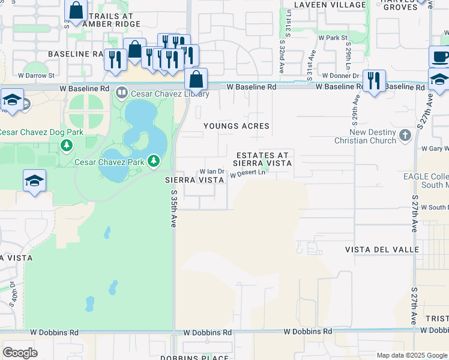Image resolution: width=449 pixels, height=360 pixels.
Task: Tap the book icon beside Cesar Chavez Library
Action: point(122,93)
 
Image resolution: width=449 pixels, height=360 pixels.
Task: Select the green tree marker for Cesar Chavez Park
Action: point(154,161)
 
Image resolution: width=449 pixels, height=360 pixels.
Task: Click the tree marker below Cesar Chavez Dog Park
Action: point(66,145)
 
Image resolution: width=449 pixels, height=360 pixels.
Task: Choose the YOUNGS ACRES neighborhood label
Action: point(237,126)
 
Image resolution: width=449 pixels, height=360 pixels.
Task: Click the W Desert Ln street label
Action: point(247,173)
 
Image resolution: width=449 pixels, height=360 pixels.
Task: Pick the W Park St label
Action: point(333,37)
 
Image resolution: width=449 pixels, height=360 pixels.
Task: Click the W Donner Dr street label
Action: point(340,76)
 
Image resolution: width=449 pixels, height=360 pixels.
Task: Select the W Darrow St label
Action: point(36,76)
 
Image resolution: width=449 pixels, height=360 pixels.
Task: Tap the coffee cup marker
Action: point(440,57)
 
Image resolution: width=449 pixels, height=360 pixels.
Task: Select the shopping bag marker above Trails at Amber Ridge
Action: point(76,11)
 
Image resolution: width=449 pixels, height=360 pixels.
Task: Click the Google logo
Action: point(20,352)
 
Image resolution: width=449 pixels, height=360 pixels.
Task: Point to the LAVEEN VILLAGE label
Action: point(330,5)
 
